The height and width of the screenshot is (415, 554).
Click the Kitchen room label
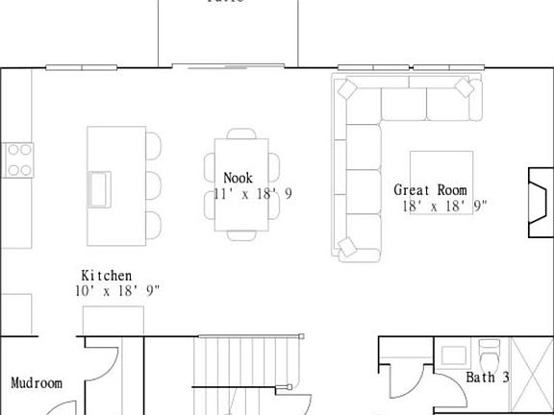[106, 276]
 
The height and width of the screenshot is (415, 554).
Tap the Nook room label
[239, 178]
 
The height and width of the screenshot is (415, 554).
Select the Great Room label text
[430, 190]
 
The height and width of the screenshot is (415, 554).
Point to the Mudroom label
[37, 383]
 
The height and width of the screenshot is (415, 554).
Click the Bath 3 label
[488, 378]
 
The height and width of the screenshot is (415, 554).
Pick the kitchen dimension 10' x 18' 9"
[117, 290]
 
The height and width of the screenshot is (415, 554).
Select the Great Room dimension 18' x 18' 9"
[445, 206]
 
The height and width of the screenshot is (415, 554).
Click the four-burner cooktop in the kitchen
[19, 159]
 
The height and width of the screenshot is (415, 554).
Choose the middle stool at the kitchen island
[153, 183]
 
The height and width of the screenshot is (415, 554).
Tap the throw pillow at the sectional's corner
[347, 88]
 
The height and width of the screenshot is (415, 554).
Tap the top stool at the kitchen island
[153, 145]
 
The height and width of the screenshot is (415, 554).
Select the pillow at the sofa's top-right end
[466, 88]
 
